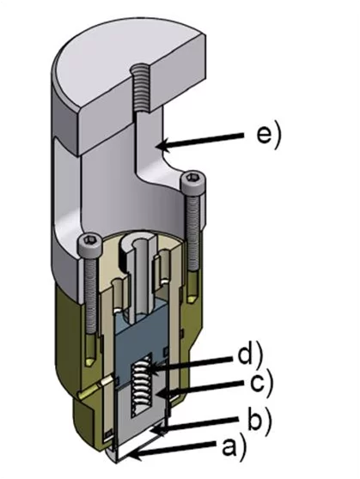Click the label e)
(268, 136)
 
